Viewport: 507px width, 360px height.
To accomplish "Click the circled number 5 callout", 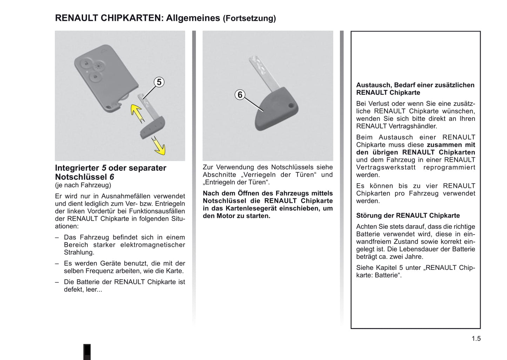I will [159, 82].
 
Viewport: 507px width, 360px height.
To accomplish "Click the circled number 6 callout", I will [240, 95].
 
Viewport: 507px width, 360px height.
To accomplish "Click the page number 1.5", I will [476, 339].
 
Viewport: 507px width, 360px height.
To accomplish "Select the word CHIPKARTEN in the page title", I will [131, 18].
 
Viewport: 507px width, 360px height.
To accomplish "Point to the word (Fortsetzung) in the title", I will [249, 18].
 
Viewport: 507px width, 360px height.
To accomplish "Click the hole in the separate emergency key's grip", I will [291, 106].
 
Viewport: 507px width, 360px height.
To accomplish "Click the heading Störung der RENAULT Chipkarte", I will [408, 215].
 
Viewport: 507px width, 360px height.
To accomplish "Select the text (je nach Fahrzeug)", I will [83, 185].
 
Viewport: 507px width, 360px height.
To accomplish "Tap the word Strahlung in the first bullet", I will [79, 252].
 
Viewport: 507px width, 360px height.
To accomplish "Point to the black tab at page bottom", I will [87, 352].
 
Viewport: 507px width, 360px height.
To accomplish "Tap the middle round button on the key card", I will [99, 66].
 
